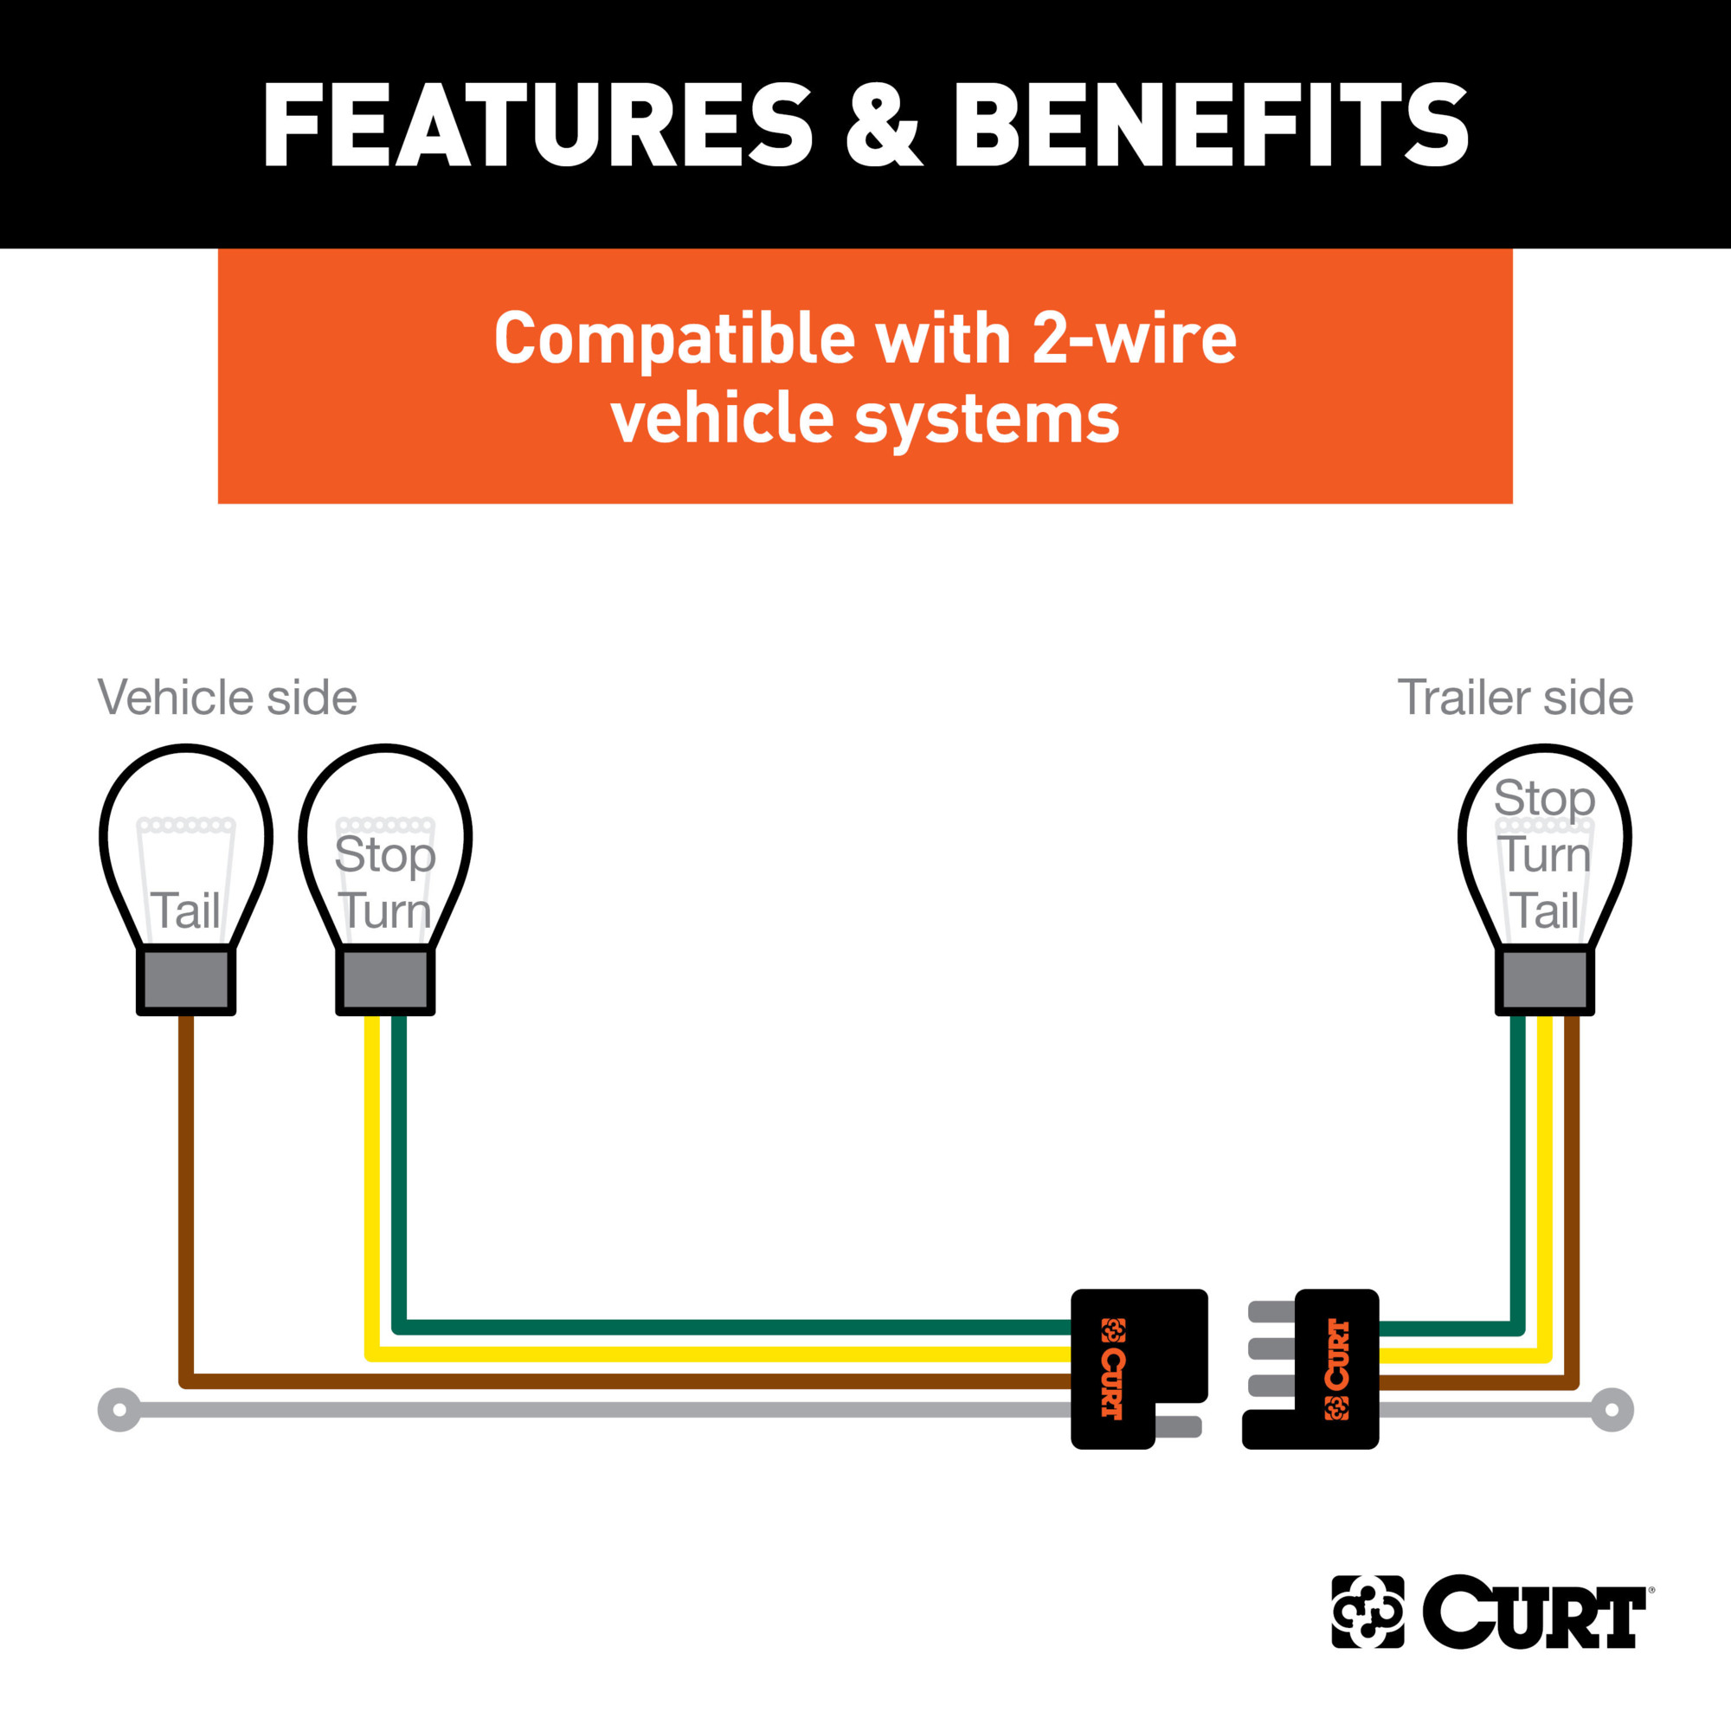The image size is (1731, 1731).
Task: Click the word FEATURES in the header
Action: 537,125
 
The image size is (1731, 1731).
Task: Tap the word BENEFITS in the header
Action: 1212,125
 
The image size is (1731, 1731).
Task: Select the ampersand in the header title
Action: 884,125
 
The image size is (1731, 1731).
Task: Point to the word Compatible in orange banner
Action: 675,338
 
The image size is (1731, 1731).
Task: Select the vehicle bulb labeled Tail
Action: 186,878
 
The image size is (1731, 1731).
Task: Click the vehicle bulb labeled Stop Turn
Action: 385,878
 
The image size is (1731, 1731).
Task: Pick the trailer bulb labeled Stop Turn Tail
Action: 1545,878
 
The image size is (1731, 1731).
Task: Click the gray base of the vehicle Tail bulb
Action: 186,981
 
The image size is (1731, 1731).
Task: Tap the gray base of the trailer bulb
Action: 1545,981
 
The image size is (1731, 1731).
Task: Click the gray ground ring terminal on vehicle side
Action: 119,1410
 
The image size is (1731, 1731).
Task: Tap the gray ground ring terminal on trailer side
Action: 1612,1410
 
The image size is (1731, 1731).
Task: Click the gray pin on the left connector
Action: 1178,1427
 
